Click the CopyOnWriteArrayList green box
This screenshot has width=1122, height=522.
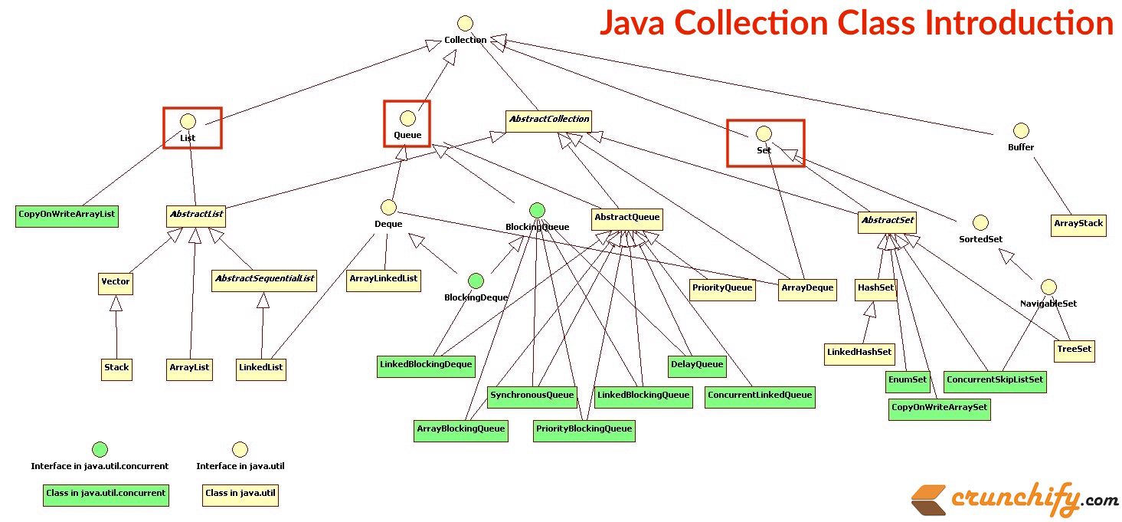67,216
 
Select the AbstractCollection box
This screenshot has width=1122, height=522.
548,120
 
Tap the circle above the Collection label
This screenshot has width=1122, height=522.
465,24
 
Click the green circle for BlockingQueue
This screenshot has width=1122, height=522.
537,210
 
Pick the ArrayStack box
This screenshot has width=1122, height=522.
1078,225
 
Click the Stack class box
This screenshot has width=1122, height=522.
116,368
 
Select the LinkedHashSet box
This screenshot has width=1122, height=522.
859,353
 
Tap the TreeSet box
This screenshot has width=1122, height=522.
1075,350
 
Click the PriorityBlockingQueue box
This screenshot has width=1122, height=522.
584,429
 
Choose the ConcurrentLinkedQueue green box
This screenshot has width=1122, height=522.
759,396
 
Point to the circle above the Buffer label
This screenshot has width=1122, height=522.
1020,131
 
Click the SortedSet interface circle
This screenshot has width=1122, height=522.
980,223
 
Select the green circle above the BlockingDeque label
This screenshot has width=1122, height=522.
476,281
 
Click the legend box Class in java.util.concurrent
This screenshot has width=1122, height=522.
105,494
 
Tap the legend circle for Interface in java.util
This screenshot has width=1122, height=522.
240,449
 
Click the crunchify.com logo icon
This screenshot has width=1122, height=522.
927,501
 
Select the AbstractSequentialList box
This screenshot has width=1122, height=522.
264,279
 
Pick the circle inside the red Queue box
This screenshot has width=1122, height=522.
407,118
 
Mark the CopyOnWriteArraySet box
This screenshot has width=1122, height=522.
940,408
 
